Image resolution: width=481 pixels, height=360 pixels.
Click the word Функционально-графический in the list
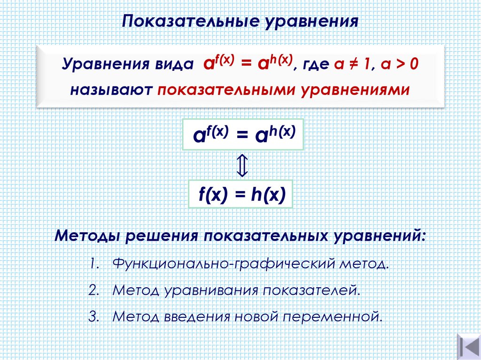tap(222, 263)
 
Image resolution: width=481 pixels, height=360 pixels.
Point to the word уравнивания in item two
tap(211, 290)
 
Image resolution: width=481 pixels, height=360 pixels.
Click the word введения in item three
tap(197, 316)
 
